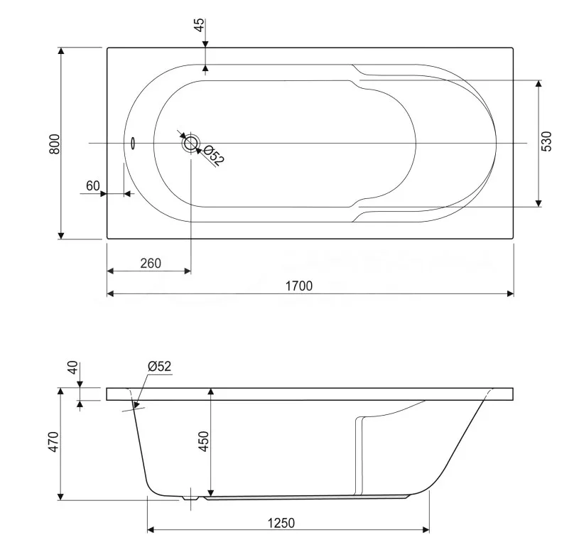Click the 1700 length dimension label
[298, 286]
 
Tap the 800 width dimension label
[55, 144]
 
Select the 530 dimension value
[546, 141]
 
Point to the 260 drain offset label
[151, 263]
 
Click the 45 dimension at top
[200, 26]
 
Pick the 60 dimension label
[93, 186]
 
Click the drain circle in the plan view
[190, 143]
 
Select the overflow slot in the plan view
[133, 143]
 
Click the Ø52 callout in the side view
[159, 366]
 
